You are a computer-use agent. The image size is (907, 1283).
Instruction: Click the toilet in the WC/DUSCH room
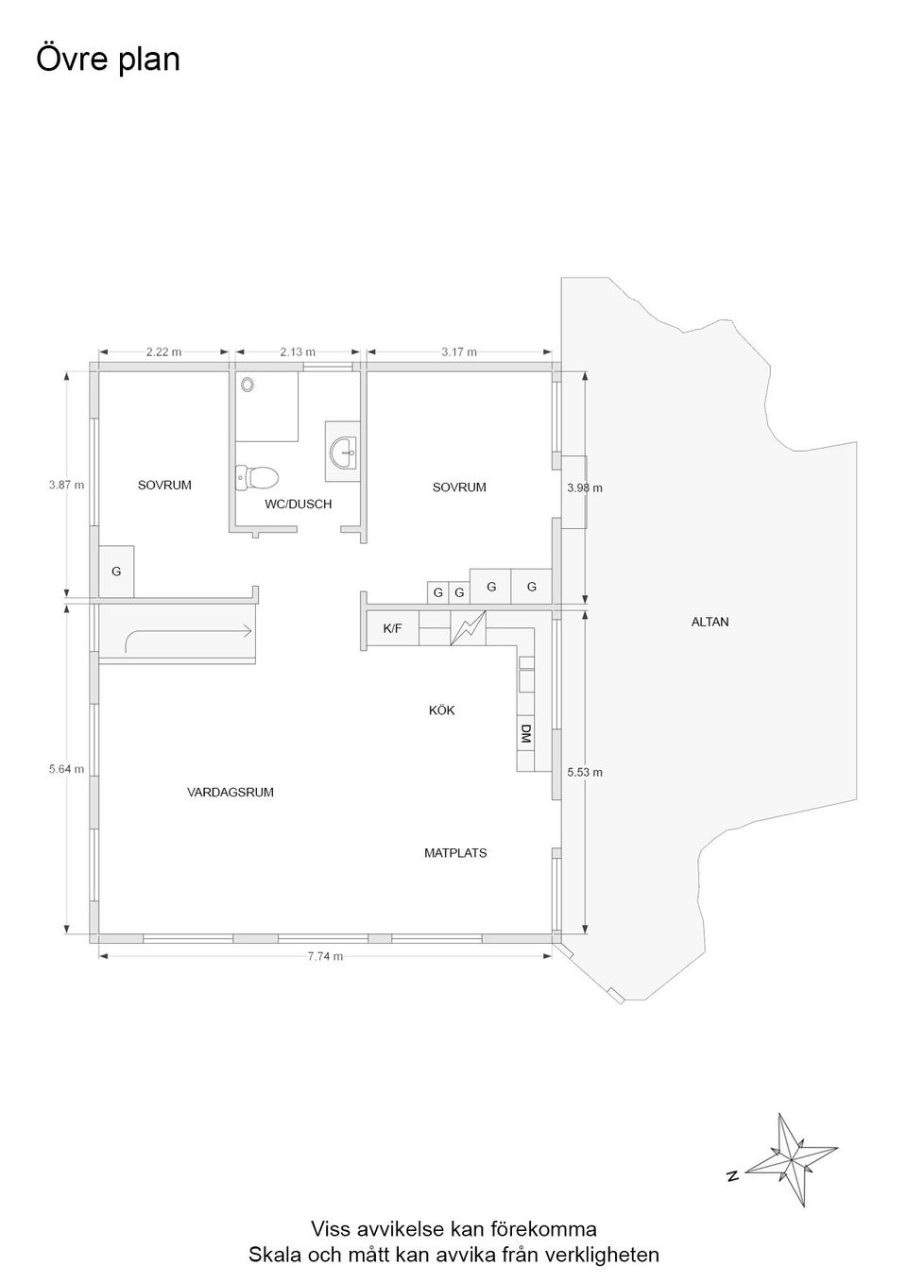(257, 476)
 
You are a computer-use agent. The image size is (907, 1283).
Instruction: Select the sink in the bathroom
(344, 451)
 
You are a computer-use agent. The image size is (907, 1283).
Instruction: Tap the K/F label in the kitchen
(392, 627)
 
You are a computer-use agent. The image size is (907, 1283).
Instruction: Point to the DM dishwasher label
(525, 735)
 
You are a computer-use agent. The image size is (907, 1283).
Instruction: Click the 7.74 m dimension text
(325, 956)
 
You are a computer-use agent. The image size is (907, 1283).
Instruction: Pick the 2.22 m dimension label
(163, 351)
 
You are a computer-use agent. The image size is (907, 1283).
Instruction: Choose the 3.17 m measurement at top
(459, 351)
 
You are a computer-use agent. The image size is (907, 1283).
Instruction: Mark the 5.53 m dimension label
(585, 772)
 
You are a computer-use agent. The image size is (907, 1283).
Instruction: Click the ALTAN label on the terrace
(710, 622)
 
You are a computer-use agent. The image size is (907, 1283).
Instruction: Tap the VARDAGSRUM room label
(231, 792)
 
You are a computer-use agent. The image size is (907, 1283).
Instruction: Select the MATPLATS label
(455, 852)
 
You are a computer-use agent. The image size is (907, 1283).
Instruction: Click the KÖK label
(441, 710)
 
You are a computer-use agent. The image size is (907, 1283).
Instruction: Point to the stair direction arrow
(189, 635)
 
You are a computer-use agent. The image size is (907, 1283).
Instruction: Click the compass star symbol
(790, 1158)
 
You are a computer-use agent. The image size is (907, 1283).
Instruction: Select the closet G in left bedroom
(116, 572)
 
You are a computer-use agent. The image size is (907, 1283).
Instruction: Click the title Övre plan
(108, 59)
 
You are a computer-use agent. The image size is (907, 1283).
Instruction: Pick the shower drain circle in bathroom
(248, 385)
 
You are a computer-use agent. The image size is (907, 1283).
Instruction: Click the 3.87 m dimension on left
(66, 485)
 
